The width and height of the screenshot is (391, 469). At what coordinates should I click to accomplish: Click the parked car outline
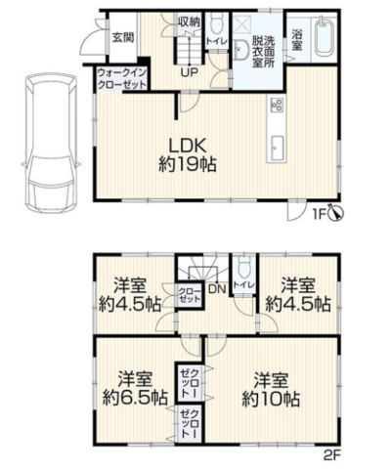[51, 144]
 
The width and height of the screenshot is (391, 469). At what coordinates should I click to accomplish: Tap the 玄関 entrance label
[123, 37]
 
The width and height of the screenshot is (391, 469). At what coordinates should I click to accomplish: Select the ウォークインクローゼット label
[122, 78]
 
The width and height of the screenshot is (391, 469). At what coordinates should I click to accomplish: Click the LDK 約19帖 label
[188, 154]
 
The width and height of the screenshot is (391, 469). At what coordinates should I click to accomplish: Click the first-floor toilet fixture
[216, 22]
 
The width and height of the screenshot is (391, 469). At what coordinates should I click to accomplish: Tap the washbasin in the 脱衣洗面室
[240, 50]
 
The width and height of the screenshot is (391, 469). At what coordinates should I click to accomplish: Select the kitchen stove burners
[277, 105]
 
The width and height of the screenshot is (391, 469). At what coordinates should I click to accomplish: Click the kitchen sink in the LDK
[276, 149]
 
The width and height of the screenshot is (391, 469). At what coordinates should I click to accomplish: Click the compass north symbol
[336, 212]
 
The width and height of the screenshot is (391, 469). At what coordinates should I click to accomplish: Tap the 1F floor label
[320, 215]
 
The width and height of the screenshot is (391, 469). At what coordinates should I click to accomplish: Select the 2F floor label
[331, 454]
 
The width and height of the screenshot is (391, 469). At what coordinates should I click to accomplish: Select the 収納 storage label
[189, 22]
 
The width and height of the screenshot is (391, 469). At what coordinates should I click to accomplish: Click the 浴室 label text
[297, 39]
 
